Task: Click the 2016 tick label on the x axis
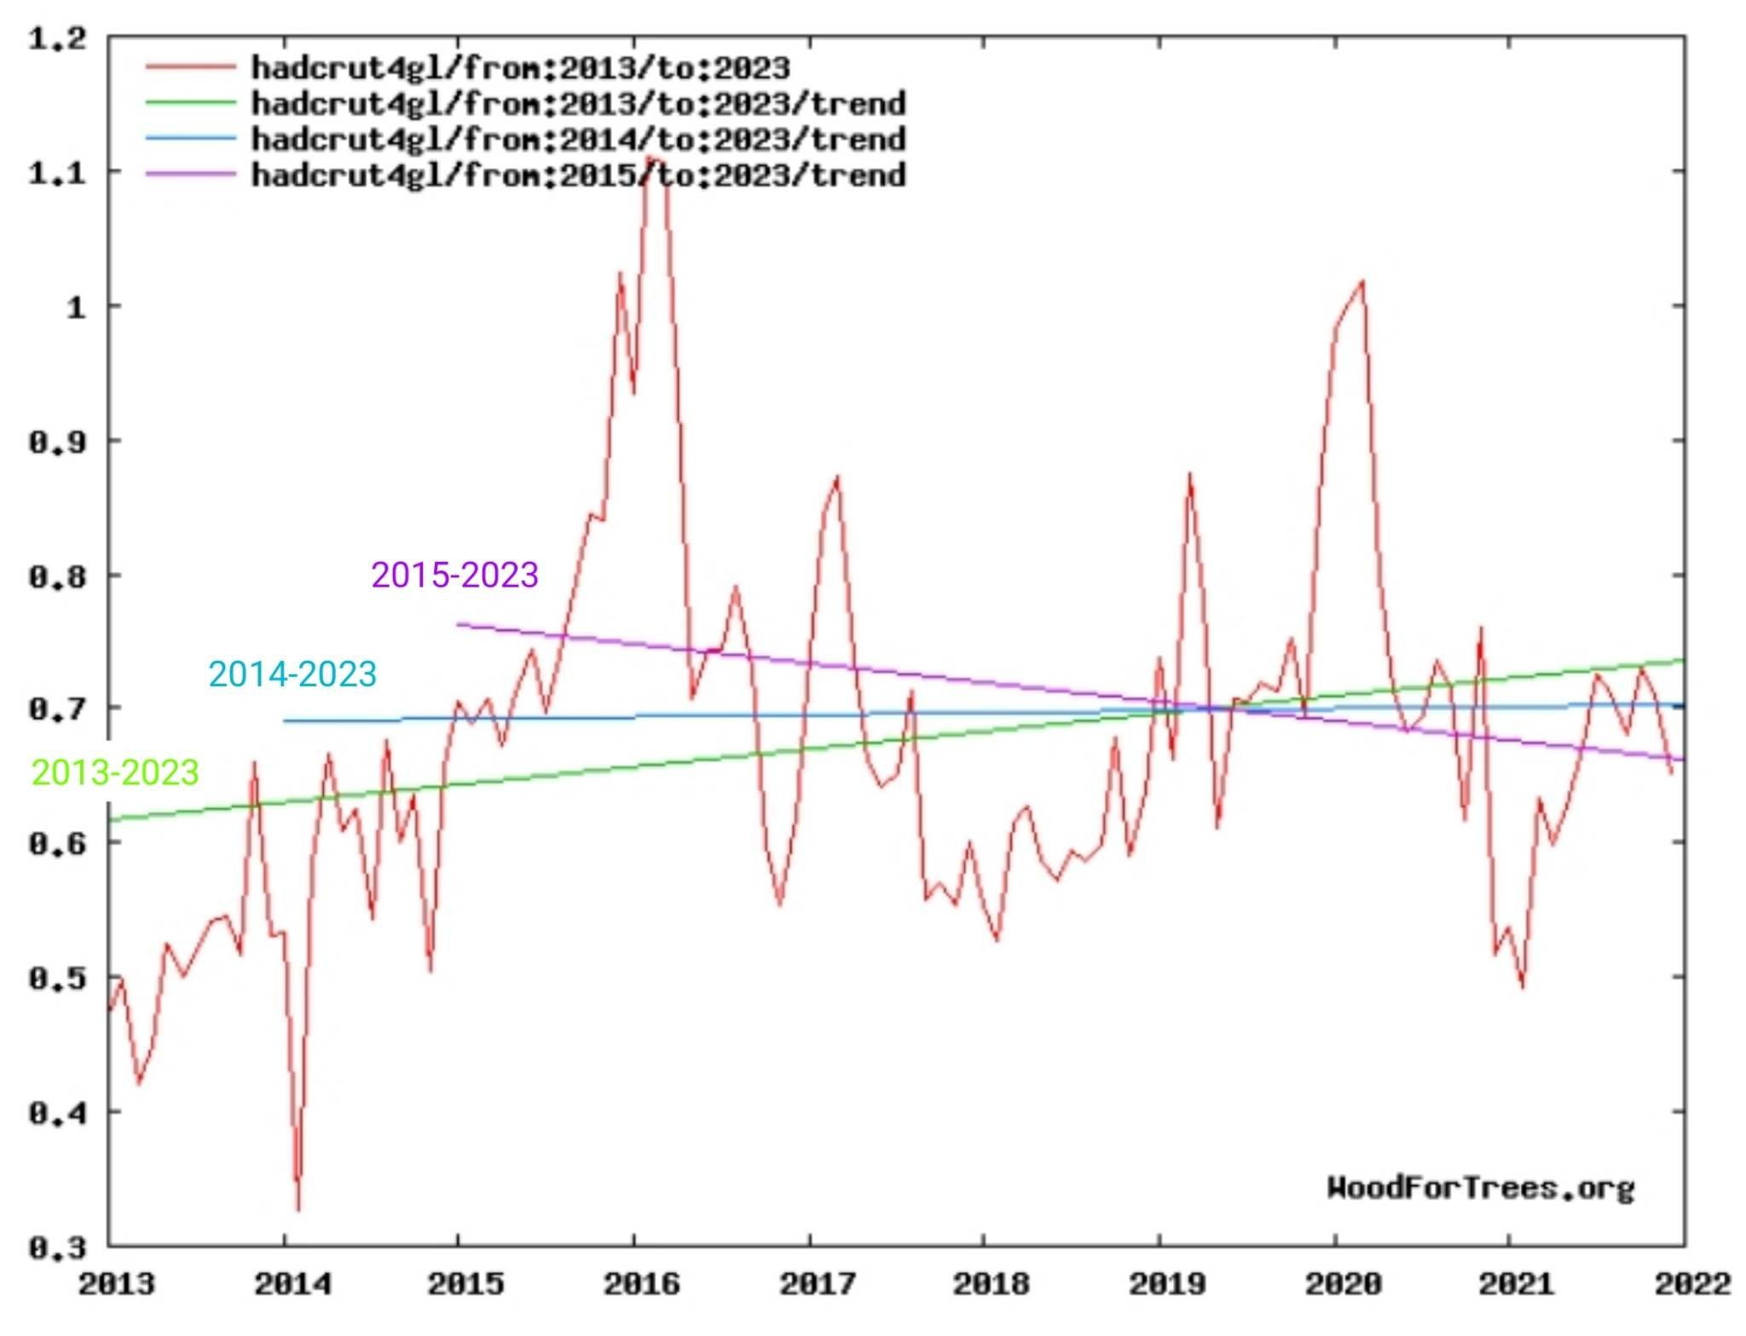641,1284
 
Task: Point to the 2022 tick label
1692,1284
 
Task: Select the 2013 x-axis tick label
117,1284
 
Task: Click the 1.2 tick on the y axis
57,38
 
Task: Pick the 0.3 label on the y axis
57,1248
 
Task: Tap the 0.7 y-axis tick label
57,708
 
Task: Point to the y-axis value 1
77,307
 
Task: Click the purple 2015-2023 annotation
454,575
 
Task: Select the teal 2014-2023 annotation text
292,674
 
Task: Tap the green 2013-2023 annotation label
115,772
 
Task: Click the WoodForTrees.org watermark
1480,1188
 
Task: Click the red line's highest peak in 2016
650,158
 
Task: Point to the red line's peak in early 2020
1362,281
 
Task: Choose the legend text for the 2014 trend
578,139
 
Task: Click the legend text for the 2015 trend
578,176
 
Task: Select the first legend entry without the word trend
520,67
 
